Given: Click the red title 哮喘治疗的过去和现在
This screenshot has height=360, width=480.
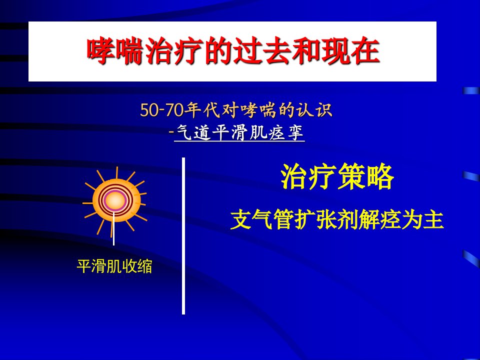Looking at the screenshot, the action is coord(233,51).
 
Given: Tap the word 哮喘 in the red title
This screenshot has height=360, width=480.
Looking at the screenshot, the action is coord(115,51).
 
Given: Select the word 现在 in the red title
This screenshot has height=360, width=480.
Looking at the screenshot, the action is coord(351,51).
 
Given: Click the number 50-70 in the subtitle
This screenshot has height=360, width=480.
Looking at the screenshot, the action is coord(161,110).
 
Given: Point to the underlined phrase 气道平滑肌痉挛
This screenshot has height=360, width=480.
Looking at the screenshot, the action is coord(240,133).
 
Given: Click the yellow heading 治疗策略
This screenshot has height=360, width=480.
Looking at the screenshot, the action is coord(337,176).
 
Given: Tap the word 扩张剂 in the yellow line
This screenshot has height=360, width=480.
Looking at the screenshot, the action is coord(326,219).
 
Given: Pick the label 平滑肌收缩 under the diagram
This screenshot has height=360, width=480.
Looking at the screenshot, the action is coord(114,266).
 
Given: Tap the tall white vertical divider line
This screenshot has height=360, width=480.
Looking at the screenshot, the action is coord(183,236).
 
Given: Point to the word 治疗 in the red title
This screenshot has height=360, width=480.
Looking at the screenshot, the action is coord(174,51).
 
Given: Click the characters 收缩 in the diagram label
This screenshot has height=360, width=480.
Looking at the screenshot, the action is coord(137,266).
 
